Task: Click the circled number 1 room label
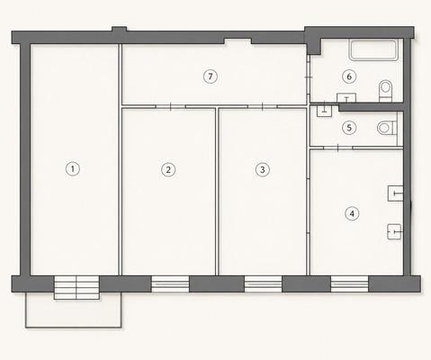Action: coord(73,169)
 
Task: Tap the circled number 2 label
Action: coord(168,170)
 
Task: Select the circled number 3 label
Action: coord(263,169)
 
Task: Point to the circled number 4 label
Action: coord(352,214)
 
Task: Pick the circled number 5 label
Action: coord(349,128)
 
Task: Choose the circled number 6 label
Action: coord(349,76)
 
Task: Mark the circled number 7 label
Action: coord(211,76)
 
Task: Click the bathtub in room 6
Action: coord(373,50)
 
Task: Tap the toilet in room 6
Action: coord(386,91)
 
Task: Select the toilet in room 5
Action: coord(387,128)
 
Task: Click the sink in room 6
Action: coord(346,98)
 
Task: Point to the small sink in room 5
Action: coord(324,111)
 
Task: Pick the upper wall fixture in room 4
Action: coord(395,193)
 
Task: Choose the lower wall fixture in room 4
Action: coord(394,231)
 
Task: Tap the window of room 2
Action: coord(170,283)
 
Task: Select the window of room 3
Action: coord(263,283)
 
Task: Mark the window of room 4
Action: coord(349,283)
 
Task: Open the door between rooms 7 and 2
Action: coord(170,106)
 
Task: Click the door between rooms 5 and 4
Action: coord(338,148)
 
